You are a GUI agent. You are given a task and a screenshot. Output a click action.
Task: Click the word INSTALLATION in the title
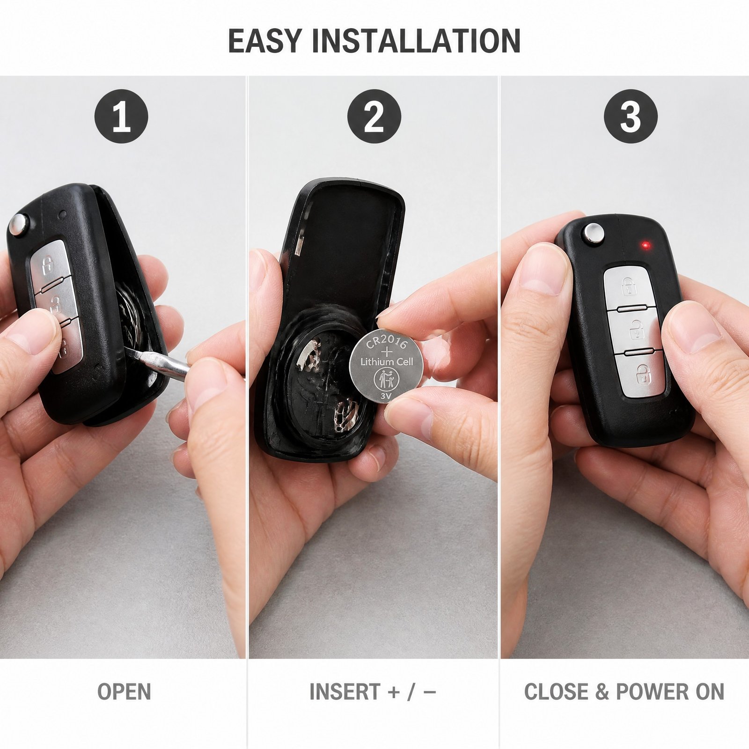click(416, 41)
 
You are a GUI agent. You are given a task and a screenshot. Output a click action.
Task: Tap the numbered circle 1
click(121, 116)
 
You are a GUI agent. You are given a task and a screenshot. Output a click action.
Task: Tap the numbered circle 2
click(374, 116)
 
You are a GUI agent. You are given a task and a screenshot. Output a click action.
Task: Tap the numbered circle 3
click(631, 116)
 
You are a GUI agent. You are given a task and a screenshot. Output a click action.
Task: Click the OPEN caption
click(124, 692)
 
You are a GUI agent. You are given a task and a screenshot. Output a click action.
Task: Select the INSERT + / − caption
click(373, 692)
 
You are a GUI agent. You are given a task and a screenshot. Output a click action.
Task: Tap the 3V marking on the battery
click(386, 396)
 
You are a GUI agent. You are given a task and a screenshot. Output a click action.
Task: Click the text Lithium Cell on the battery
click(387, 362)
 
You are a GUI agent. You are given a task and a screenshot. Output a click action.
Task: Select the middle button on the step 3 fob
click(636, 330)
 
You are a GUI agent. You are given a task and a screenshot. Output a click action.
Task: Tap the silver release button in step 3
click(593, 233)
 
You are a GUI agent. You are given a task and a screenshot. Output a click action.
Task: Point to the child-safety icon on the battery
click(386, 379)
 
